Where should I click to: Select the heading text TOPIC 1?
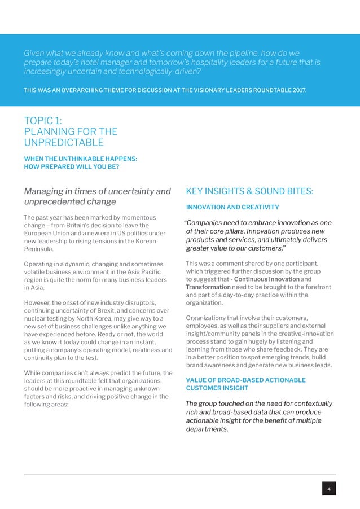pos(43,121)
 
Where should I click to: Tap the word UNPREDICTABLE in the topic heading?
pos(63,143)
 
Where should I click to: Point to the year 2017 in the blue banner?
pos(297,90)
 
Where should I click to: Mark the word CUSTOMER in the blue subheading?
pos(202,388)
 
